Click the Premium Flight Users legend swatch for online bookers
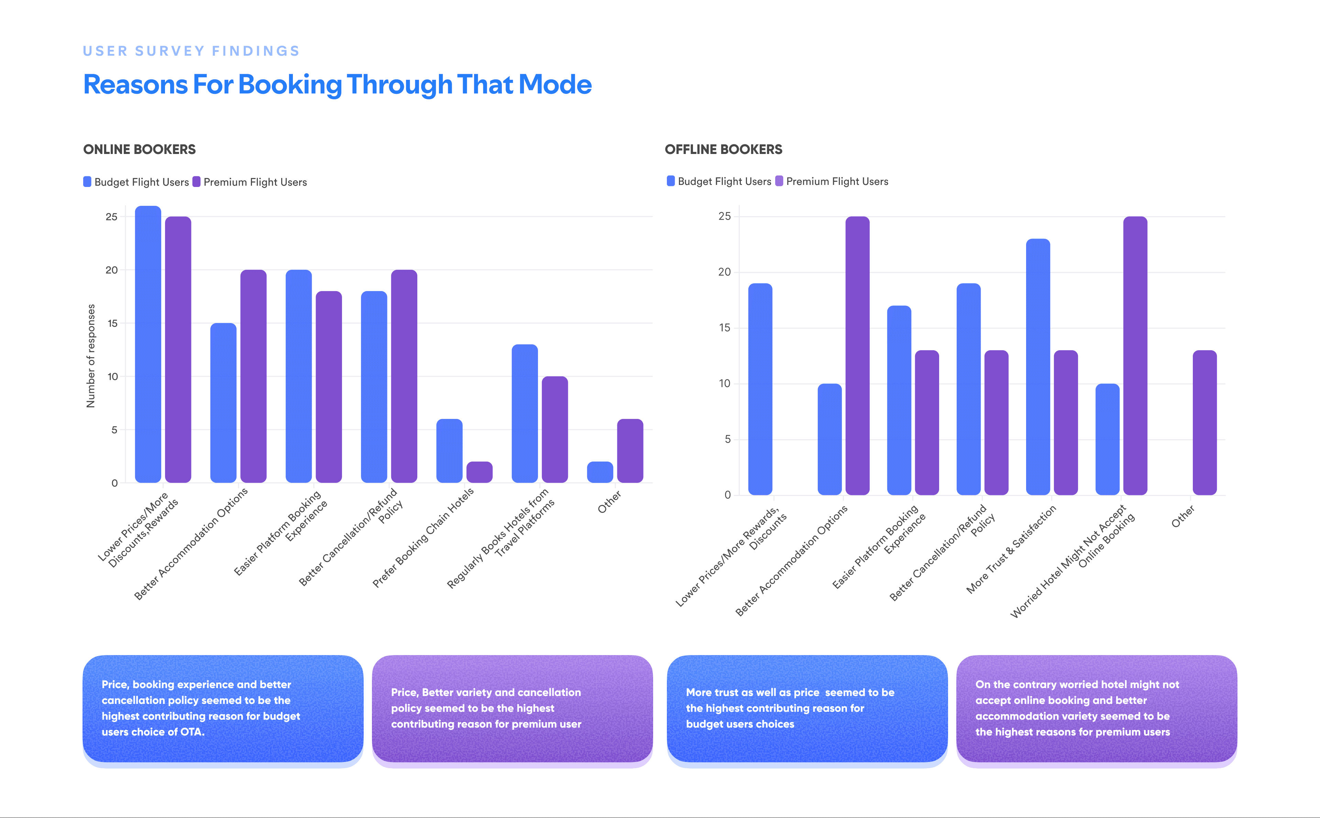(x=196, y=182)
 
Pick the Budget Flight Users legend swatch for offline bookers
(x=671, y=181)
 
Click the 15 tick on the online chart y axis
(x=112, y=323)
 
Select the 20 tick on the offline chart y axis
(x=724, y=272)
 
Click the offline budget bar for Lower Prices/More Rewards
(x=760, y=389)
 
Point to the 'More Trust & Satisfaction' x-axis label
(x=1011, y=549)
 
